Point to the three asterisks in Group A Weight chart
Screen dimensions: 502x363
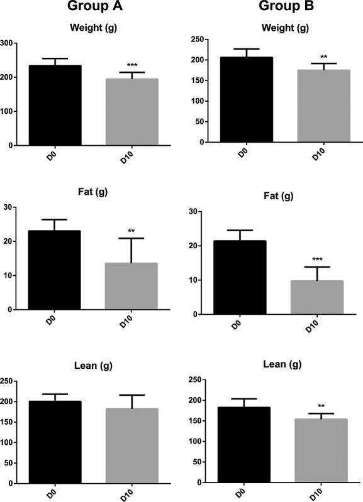(131, 65)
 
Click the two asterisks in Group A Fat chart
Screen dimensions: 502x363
(131, 231)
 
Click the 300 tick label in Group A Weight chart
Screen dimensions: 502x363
(8, 43)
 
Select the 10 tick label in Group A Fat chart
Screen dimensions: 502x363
(10, 275)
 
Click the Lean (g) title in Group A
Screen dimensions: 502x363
(92, 365)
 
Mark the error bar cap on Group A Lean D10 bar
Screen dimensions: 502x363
(131, 395)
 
